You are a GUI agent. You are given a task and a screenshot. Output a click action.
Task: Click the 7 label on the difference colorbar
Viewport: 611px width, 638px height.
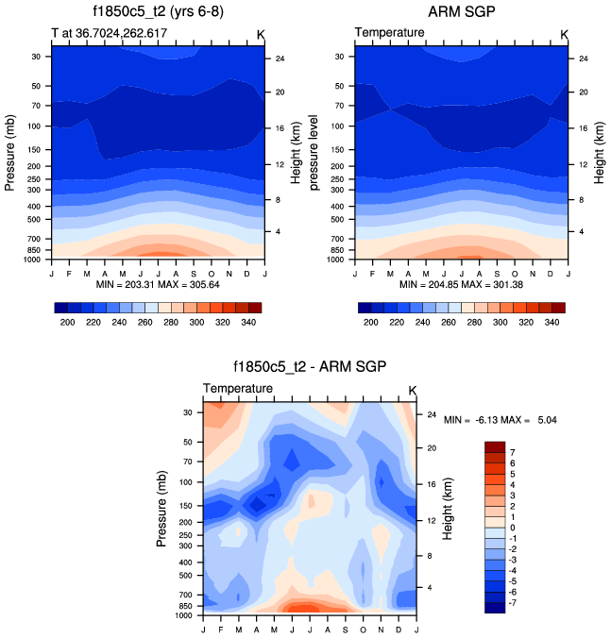pyautogui.click(x=512, y=452)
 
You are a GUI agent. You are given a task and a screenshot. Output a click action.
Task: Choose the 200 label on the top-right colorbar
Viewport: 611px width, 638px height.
pyautogui.click(x=371, y=322)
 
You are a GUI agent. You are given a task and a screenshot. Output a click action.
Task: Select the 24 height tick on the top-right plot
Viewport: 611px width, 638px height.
pyautogui.click(x=582, y=59)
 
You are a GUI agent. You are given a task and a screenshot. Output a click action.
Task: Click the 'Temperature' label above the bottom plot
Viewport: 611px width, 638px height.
pyautogui.click(x=238, y=389)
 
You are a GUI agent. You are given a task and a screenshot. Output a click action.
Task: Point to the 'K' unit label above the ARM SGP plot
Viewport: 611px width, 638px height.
pyautogui.click(x=564, y=34)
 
